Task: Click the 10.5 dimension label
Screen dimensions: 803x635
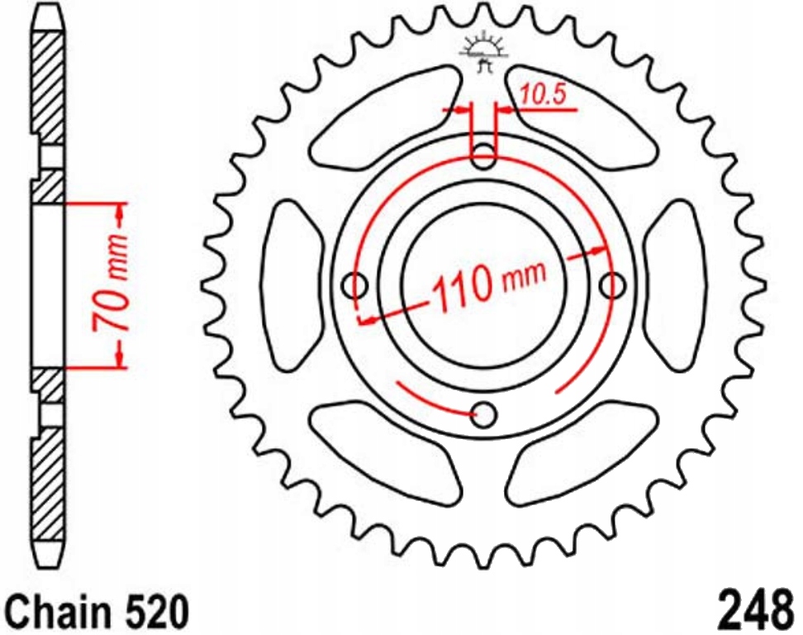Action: click(x=543, y=95)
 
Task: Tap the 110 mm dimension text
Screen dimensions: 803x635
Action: click(x=490, y=284)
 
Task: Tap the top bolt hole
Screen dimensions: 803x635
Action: click(x=483, y=156)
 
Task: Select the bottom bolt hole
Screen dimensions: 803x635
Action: click(x=484, y=414)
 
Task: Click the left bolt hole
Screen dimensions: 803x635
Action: click(x=355, y=285)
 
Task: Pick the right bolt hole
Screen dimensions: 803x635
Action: click(x=612, y=285)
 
